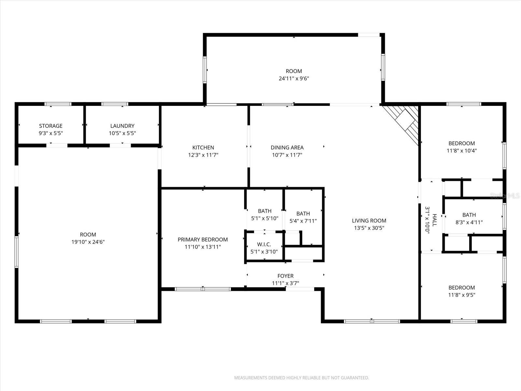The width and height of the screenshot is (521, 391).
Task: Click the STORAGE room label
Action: click(51, 126)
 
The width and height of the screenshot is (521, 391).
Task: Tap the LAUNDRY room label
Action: click(122, 126)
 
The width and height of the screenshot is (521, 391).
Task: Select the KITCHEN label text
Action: click(203, 148)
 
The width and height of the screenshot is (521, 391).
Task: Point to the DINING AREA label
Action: click(287, 148)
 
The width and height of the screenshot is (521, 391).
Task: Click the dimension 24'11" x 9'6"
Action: click(294, 79)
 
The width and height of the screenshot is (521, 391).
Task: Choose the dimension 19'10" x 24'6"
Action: click(88, 242)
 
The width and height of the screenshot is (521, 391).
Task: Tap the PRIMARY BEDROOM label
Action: click(203, 239)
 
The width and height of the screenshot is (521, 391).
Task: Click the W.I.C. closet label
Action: click(264, 244)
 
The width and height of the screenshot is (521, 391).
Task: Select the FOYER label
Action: click(286, 276)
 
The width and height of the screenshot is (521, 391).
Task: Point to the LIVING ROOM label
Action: click(369, 221)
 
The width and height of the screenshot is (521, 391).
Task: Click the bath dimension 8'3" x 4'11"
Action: click(469, 222)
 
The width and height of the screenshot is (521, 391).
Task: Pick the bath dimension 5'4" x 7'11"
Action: click(303, 221)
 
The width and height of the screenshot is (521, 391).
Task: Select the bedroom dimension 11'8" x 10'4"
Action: click(462, 151)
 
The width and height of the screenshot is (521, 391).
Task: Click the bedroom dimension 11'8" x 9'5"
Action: click(462, 295)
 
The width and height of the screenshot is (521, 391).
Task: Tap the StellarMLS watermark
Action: click(505, 195)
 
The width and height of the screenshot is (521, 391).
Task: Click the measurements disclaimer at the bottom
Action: click(302, 378)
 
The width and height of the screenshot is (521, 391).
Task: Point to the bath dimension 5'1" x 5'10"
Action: click(265, 218)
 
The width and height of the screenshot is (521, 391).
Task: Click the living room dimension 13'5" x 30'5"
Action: click(369, 228)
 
